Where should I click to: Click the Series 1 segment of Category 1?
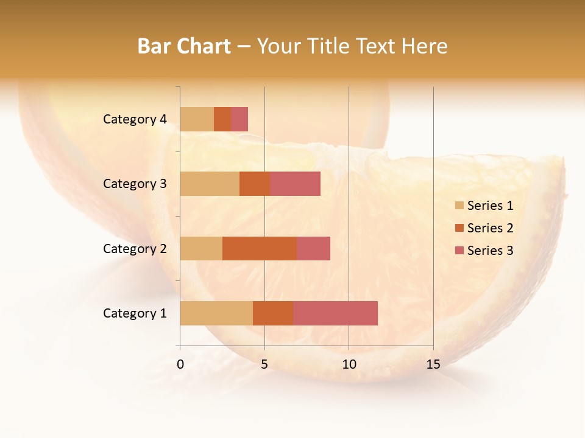tap(216, 313)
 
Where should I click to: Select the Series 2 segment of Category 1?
tap(273, 313)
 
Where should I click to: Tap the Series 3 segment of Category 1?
tap(335, 313)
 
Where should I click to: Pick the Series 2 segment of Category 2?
tap(260, 248)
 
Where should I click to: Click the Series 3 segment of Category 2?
tap(313, 248)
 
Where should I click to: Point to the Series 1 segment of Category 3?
tap(210, 184)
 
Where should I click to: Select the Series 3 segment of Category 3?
tap(295, 184)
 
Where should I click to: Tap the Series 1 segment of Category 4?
tap(197, 119)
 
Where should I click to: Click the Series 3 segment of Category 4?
tap(239, 119)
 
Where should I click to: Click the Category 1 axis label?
tap(135, 313)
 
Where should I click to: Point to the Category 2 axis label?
tap(135, 248)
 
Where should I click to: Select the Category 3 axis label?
tap(135, 184)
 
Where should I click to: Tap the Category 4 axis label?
tap(135, 119)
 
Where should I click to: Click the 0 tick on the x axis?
tap(180, 364)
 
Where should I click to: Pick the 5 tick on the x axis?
tap(264, 364)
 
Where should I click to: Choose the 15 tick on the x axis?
tap(433, 364)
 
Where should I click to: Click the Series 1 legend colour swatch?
tap(459, 206)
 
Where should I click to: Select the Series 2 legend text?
tap(490, 228)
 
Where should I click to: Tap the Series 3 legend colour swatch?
tap(459, 251)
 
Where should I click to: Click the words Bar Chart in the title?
tap(184, 46)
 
